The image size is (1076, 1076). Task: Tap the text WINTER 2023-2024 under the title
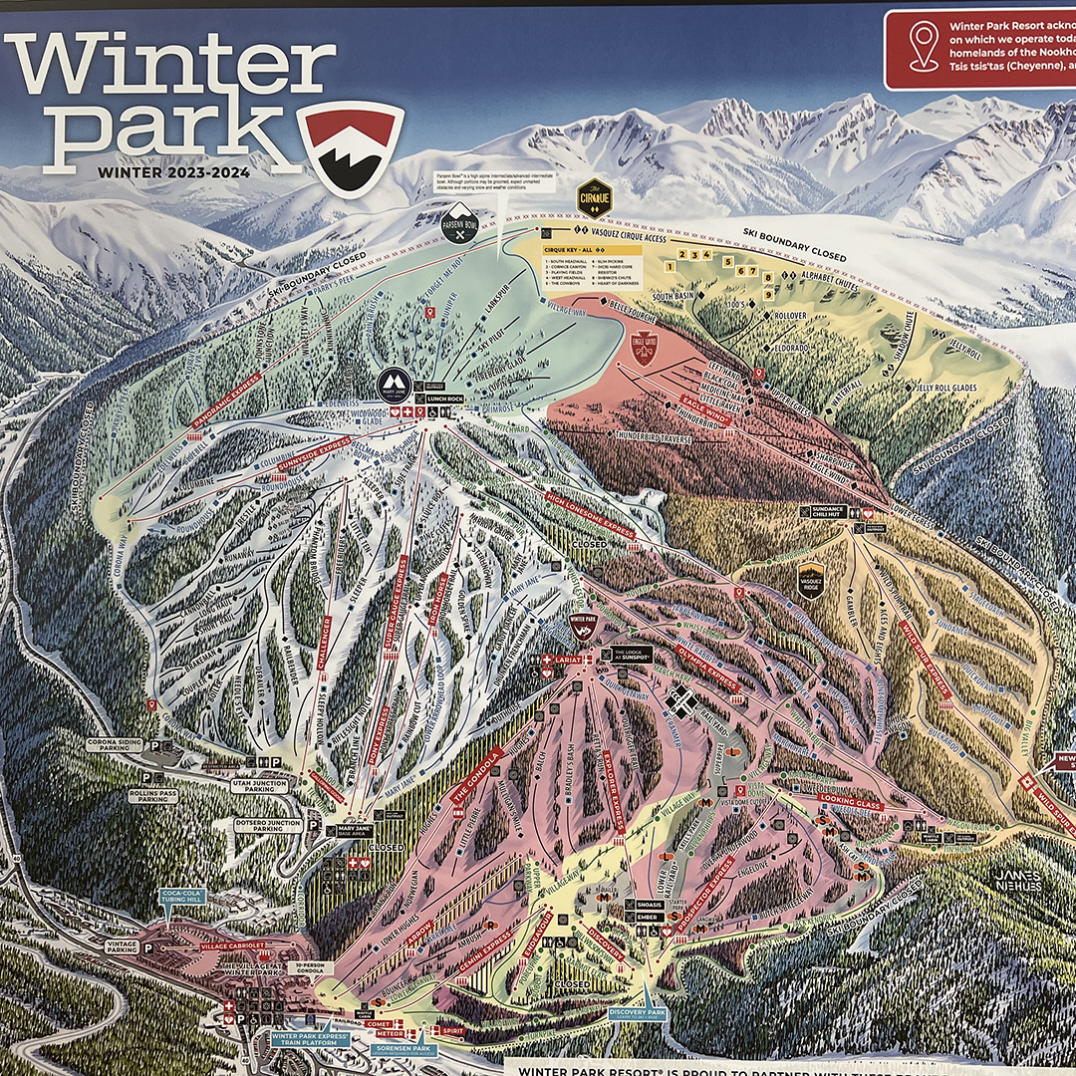pyautogui.click(x=173, y=171)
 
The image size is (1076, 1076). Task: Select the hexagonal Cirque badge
pyautogui.click(x=594, y=197)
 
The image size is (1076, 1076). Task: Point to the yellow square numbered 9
pyautogui.click(x=769, y=293)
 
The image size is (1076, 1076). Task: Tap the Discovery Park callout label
pyautogui.click(x=636, y=1013)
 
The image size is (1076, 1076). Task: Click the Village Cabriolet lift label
pyautogui.click(x=231, y=944)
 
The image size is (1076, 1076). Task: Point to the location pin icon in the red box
pyautogui.click(x=925, y=46)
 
